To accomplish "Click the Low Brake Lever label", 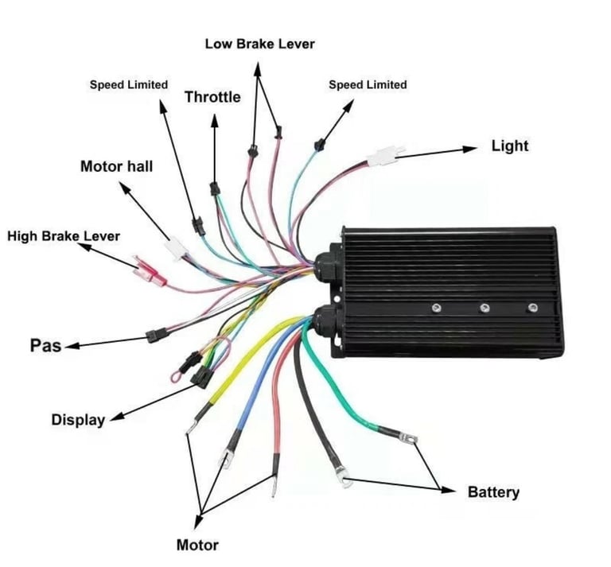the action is point(260,44).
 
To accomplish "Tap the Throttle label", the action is point(212,97).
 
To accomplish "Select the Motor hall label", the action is point(116,166).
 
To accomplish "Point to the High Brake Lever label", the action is point(64,236).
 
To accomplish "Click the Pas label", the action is point(45,345).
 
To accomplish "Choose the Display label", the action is point(78,419).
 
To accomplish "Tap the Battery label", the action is point(493,491).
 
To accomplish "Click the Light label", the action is point(510,146).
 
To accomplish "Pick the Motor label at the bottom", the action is point(197,545).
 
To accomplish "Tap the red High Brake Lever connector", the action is point(150,271).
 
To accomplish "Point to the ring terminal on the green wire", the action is point(409,438).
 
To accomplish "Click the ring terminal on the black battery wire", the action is point(343,477).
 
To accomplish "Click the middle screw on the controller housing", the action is point(485,308).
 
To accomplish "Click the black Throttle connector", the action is point(214,188).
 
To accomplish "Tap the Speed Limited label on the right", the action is point(368,84).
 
